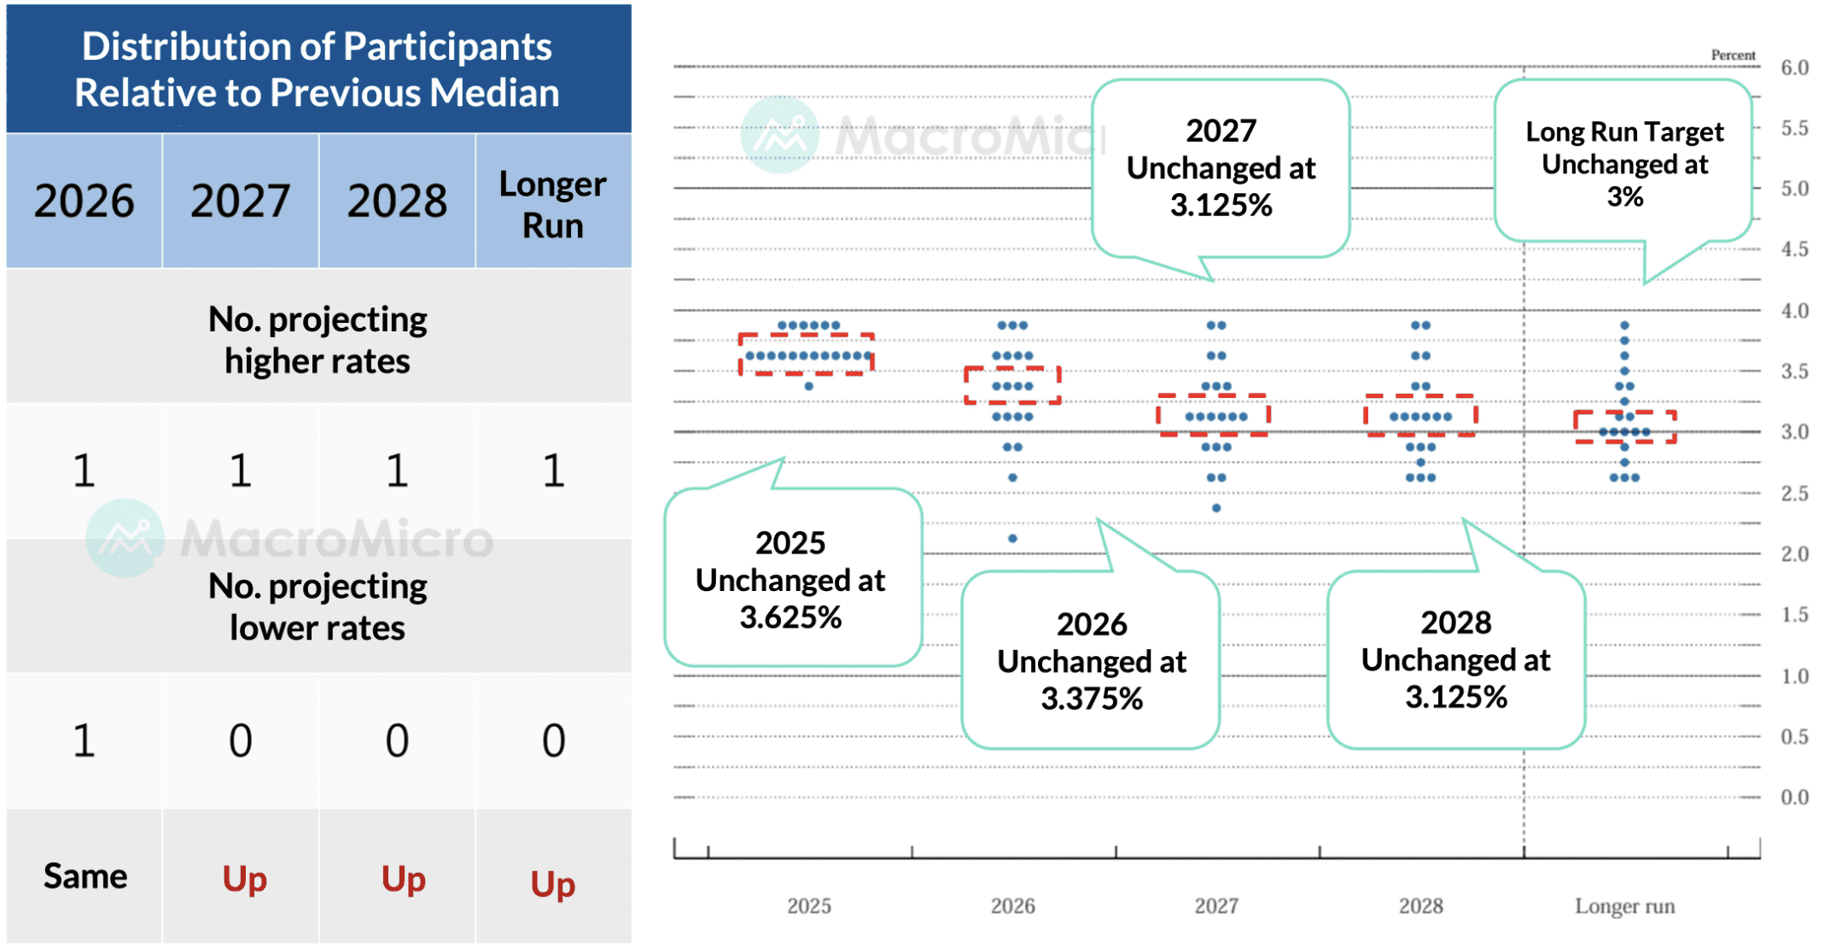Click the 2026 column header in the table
coord(84,202)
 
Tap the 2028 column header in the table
coord(397,202)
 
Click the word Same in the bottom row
coord(85,876)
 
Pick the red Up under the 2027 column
coord(244,879)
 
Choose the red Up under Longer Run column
coord(553,884)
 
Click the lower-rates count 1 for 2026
coord(84,740)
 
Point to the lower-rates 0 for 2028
coord(397,740)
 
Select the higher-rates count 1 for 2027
coord(241,471)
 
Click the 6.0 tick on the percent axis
coord(1794,67)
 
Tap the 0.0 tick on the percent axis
coord(1794,797)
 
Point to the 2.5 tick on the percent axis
coord(1794,493)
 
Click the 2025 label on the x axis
coord(808,905)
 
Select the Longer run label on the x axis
coord(1624,905)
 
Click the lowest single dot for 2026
coord(1012,538)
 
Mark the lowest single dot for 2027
coord(1216,508)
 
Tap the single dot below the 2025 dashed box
coord(808,386)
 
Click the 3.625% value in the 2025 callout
coord(790,617)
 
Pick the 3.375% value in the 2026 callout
coord(1092,699)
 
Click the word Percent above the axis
coord(1733,55)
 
